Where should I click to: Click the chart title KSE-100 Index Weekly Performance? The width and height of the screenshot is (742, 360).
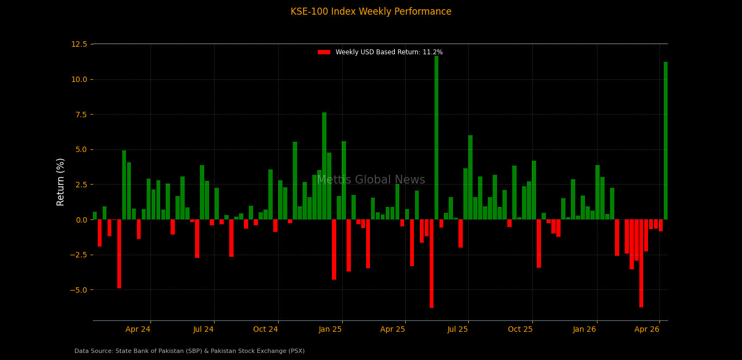pyautogui.click(x=370, y=12)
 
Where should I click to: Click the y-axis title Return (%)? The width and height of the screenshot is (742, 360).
pyautogui.click(x=61, y=182)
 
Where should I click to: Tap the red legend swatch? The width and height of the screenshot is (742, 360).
pyautogui.click(x=324, y=52)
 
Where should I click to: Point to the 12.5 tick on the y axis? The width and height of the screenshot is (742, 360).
pyautogui.click(x=79, y=44)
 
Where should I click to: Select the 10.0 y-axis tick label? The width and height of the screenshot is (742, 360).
pyautogui.click(x=79, y=79)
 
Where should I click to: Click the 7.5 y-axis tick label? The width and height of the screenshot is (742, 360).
pyautogui.click(x=80, y=115)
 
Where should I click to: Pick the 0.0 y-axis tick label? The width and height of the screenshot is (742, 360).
pyautogui.click(x=80, y=220)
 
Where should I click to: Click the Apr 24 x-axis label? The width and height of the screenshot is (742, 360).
pyautogui.click(x=138, y=329)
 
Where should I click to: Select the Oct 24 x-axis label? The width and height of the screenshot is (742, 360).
pyautogui.click(x=266, y=329)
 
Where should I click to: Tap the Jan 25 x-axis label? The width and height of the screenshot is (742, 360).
pyautogui.click(x=330, y=329)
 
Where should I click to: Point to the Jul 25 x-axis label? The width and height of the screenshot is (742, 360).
pyautogui.click(x=457, y=329)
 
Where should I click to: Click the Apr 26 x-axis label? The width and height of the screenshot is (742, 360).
pyautogui.click(x=647, y=329)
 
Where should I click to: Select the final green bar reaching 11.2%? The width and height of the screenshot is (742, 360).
pyautogui.click(x=665, y=141)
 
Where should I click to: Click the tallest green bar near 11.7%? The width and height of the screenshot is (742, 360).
pyautogui.click(x=436, y=138)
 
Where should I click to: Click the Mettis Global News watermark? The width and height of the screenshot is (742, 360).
pyautogui.click(x=370, y=180)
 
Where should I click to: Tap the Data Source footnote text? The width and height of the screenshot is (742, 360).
pyautogui.click(x=190, y=351)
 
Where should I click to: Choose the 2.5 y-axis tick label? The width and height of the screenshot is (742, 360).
pyautogui.click(x=80, y=185)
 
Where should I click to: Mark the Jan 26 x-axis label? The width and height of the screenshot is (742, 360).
pyautogui.click(x=584, y=329)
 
